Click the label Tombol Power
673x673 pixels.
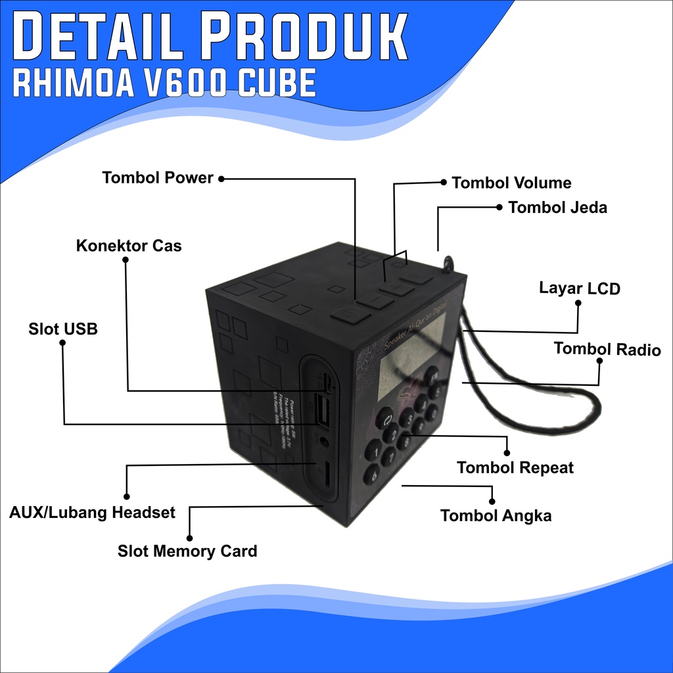[158, 178]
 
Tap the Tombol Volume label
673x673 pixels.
[511, 183]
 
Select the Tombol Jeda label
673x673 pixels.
[557, 208]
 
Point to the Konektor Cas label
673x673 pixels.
[129, 246]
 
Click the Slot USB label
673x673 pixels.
[63, 329]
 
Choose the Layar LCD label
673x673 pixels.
[580, 288]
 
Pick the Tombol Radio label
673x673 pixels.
[607, 349]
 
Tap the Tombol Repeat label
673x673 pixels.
[515, 468]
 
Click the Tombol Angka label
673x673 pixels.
[496, 516]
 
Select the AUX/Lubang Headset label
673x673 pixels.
[93, 513]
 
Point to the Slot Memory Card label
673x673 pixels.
[187, 551]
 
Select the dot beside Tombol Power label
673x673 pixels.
[221, 178]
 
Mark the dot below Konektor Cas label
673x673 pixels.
[126, 260]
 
